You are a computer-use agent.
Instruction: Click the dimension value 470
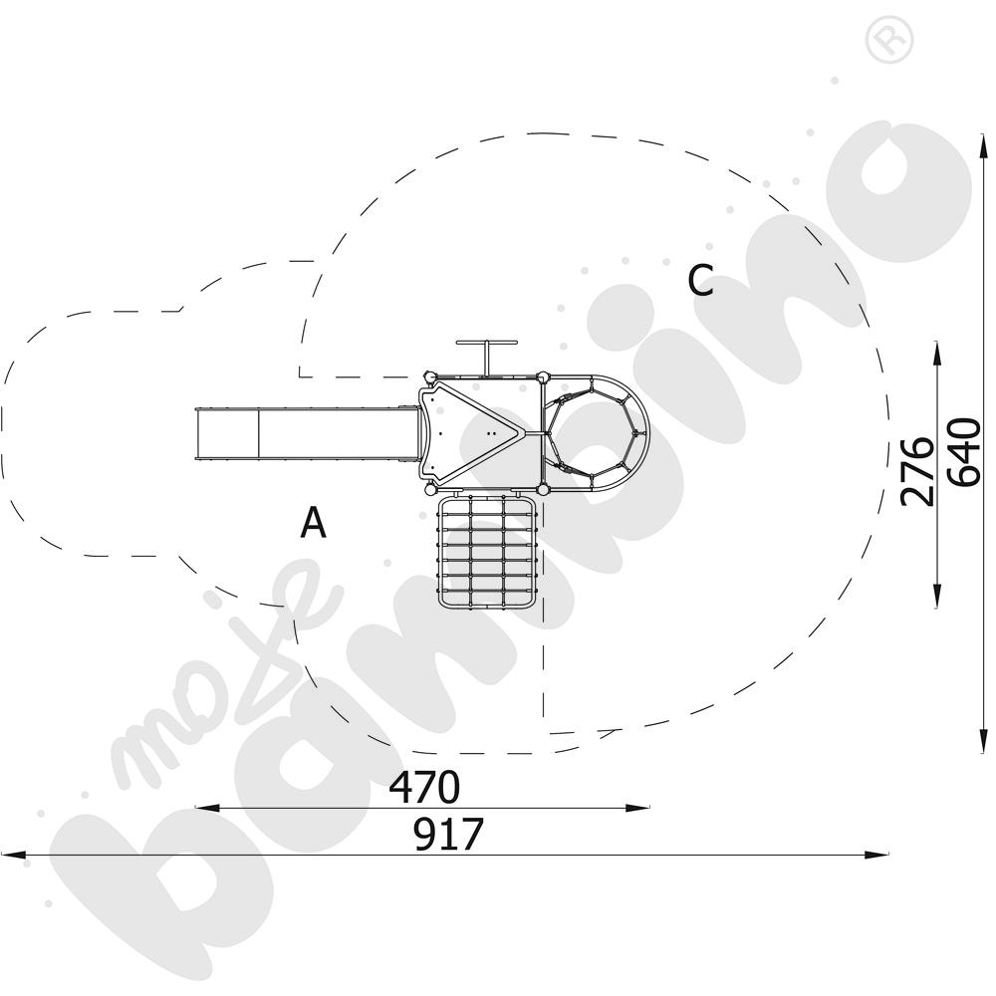423,787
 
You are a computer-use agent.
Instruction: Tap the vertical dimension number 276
918,471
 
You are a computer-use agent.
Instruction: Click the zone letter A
313,522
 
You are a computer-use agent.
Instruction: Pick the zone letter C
700,280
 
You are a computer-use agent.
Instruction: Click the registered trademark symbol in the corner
889,40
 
